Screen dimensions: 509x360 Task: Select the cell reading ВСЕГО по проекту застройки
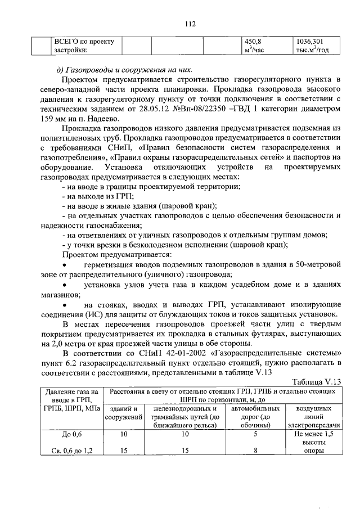click(x=83, y=46)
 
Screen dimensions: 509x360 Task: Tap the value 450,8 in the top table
click(x=250, y=41)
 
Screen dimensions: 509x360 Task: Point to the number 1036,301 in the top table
click(x=310, y=41)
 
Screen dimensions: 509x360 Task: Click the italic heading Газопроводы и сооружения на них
click(x=129, y=70)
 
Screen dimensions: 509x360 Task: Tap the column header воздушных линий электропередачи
click(x=313, y=417)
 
